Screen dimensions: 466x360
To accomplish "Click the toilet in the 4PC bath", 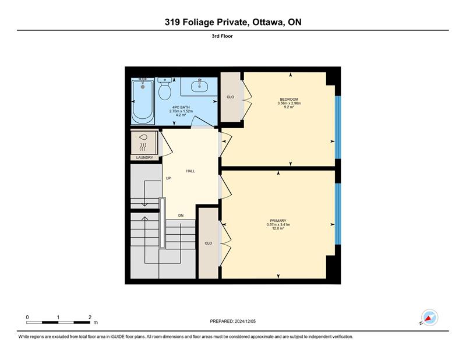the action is [x=164, y=89].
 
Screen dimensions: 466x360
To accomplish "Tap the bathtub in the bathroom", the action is [x=143, y=101].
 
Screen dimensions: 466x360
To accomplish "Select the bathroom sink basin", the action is [x=199, y=86].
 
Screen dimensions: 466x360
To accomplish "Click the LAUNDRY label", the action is [x=144, y=157].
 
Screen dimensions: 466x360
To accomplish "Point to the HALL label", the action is [x=190, y=171].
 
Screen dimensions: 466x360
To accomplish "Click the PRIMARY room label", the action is [x=278, y=221].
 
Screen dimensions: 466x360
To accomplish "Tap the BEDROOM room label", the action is [x=289, y=99].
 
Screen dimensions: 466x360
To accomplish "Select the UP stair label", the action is [x=168, y=178].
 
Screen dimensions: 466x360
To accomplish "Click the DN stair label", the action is [x=181, y=216].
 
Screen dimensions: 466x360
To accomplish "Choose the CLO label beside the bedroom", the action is [x=230, y=97].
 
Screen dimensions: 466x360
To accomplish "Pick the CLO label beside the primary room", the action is [x=209, y=243].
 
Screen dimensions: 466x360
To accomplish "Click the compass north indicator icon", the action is [x=429, y=317].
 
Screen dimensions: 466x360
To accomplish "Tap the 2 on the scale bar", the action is [x=90, y=317].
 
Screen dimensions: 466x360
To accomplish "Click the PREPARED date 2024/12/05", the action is [x=245, y=322].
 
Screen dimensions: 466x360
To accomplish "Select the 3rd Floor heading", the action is [x=223, y=36].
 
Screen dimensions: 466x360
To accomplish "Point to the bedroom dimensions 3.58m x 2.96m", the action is [x=289, y=103].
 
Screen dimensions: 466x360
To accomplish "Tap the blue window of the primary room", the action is [x=338, y=214].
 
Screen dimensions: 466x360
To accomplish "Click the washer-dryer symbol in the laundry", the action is [x=144, y=142].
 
